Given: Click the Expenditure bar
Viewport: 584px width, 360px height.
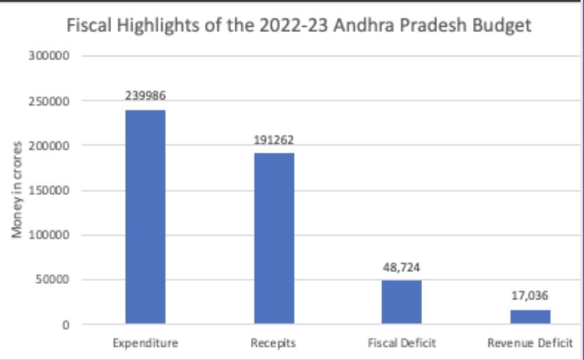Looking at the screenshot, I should (145, 217).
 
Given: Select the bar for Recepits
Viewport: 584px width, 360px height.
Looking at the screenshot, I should (274, 238).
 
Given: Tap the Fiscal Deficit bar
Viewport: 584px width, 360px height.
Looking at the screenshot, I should (402, 302).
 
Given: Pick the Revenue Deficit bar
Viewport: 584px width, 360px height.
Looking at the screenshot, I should (530, 316).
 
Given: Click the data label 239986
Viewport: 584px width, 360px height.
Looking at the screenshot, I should (145, 96).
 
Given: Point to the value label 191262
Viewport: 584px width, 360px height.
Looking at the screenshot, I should (274, 140).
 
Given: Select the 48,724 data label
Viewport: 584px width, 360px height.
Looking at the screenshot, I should (402, 268).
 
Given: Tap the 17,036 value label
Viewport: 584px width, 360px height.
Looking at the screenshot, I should (530, 296).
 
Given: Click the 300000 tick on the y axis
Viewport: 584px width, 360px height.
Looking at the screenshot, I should (49, 56).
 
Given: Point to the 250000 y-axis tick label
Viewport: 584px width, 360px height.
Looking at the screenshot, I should (49, 101).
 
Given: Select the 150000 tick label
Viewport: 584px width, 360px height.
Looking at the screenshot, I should (49, 190).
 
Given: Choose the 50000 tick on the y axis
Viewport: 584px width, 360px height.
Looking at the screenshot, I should (52, 280).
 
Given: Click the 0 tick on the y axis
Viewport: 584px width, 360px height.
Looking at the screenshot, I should (66, 325).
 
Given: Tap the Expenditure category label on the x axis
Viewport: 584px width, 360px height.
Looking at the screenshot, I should (145, 343).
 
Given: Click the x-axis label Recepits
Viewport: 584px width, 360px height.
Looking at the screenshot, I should (273, 343).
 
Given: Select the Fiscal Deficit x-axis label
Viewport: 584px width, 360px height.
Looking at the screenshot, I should (402, 343).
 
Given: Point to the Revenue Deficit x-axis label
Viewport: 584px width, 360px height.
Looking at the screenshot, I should (530, 343).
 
